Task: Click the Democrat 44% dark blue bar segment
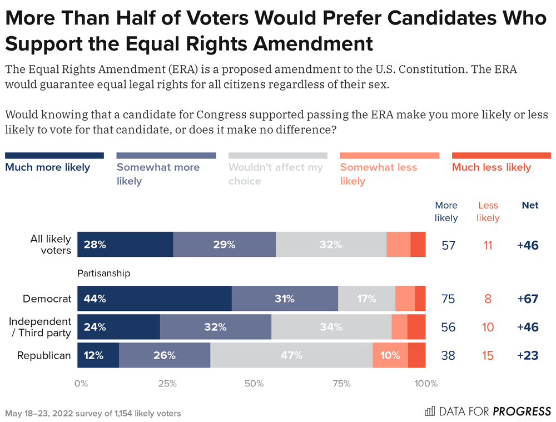[155, 299]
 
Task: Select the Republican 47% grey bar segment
[291, 355]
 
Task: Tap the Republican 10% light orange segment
[390, 355]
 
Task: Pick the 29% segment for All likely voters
[225, 245]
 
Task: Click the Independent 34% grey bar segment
[331, 327]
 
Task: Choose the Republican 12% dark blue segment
[98, 355]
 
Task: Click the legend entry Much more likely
[48, 167]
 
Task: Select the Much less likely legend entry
[492, 167]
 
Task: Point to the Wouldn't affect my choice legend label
[276, 173]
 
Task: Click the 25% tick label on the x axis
[167, 383]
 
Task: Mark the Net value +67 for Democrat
[528, 299]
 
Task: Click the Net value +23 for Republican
[528, 355]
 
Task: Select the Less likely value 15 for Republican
[488, 355]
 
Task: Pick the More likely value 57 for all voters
[449, 245]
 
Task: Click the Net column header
[530, 205]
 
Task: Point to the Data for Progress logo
[487, 411]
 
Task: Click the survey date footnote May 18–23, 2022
[93, 414]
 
